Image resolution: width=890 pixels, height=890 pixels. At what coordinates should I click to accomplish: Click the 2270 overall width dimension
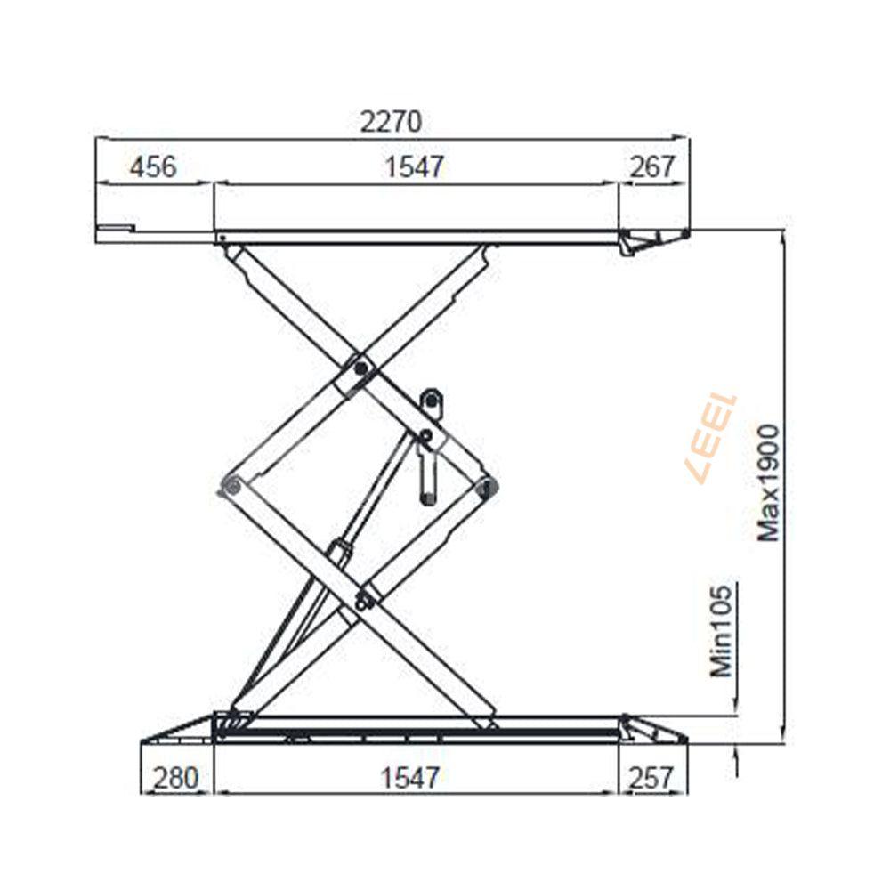[391, 121]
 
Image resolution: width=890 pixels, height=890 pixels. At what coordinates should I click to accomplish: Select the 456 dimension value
[153, 167]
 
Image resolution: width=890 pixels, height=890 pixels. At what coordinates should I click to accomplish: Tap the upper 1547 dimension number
[414, 167]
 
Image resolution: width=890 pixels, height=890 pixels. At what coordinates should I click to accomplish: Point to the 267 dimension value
[652, 167]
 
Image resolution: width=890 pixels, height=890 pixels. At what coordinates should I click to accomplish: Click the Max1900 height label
[770, 482]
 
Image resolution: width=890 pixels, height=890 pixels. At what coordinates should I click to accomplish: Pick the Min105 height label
[722, 631]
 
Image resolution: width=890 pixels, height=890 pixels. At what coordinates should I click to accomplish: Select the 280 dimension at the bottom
[176, 778]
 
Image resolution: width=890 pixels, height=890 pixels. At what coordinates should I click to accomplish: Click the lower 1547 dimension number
[409, 778]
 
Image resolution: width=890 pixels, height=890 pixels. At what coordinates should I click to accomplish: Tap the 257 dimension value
[651, 778]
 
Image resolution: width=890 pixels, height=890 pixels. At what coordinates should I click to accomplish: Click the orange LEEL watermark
[712, 438]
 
